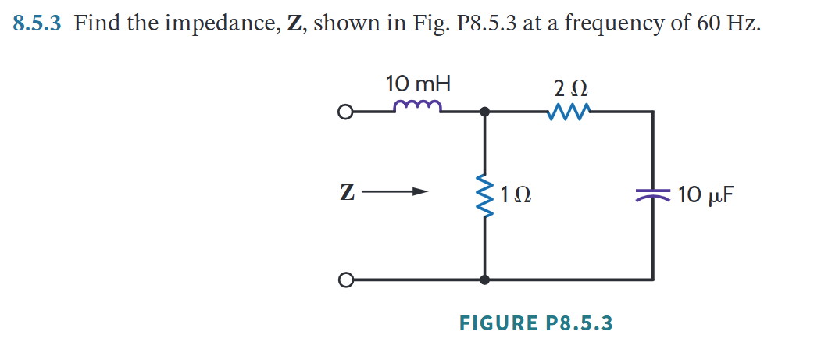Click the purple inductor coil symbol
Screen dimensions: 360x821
click(419, 106)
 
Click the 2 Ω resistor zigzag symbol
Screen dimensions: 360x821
click(569, 112)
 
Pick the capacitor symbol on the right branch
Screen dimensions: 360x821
click(653, 195)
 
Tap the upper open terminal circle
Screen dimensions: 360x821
click(344, 112)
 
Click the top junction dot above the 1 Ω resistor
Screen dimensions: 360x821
click(485, 112)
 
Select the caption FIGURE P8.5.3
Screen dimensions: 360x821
click(537, 323)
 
